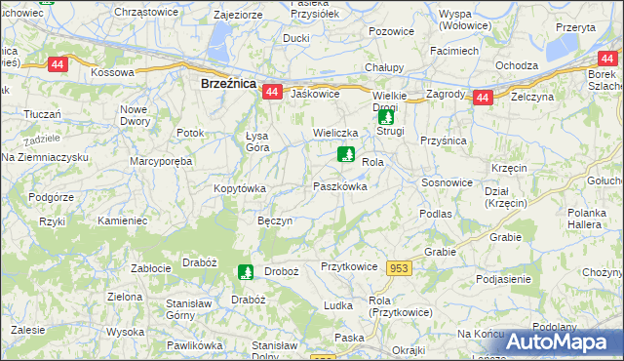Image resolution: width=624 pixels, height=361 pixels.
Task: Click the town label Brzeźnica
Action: (x=228, y=84)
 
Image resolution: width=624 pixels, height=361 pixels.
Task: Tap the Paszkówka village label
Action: (x=339, y=185)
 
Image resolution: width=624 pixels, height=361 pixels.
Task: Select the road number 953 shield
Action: (x=399, y=268)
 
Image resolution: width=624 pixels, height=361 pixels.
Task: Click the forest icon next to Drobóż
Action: (x=245, y=272)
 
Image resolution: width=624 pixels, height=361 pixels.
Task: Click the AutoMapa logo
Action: (x=564, y=341)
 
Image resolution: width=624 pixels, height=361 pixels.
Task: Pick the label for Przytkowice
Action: (x=349, y=265)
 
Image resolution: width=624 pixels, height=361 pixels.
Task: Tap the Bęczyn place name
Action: (x=275, y=221)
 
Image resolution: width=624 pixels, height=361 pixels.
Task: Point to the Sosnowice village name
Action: (x=448, y=182)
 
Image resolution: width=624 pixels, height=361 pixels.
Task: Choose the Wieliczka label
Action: (x=336, y=131)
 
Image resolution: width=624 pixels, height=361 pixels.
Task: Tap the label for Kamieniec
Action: (x=122, y=221)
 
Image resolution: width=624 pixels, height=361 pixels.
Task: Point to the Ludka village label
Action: (x=337, y=305)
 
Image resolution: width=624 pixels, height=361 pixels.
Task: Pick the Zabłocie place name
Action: (x=151, y=267)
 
